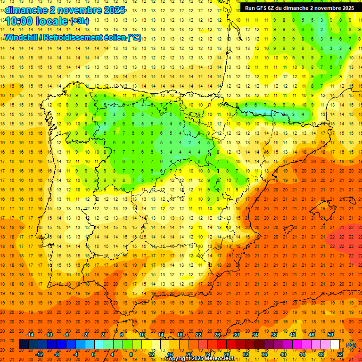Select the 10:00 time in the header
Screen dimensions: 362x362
pos(19,21)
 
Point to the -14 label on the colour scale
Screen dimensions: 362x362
pos(30,335)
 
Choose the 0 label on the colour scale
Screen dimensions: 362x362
pos(93,354)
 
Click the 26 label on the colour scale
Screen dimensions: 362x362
pos(217,335)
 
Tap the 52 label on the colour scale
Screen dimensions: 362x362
pos(339,354)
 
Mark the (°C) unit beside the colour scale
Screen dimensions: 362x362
pos(351,345)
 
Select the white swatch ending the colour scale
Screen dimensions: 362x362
pos(335,345)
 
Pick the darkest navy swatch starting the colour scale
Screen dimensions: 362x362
pos(24,345)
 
